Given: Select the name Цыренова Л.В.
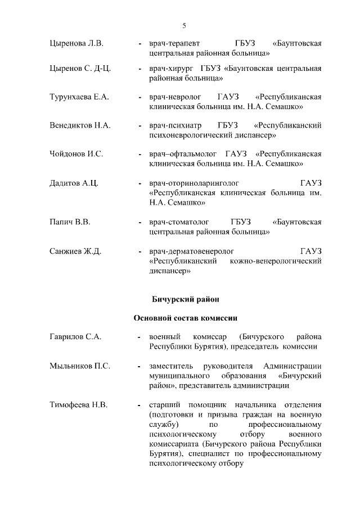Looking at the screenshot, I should click(76, 43).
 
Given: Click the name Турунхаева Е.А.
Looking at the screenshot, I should click(79, 97).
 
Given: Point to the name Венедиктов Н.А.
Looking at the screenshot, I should click(79, 125).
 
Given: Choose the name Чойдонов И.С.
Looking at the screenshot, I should click(76, 153).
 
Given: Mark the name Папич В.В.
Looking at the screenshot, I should click(70, 222).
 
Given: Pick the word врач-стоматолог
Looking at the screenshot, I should click(178, 222).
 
